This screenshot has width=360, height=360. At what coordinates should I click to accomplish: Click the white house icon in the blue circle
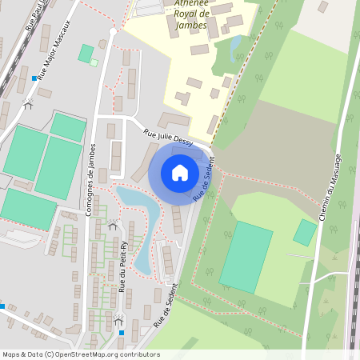tap(180, 173)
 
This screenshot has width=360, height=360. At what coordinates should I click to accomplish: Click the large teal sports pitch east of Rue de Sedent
tap(246, 257)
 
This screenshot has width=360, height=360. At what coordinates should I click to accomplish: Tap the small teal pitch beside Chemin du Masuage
tap(304, 232)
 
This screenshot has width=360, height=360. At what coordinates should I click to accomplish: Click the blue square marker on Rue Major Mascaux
tap(34, 78)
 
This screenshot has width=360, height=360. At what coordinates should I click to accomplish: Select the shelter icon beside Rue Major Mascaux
tap(28, 104)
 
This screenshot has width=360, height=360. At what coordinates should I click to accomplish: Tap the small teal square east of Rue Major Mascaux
tap(85, 53)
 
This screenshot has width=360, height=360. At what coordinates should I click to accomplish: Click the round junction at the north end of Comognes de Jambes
tap(113, 30)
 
